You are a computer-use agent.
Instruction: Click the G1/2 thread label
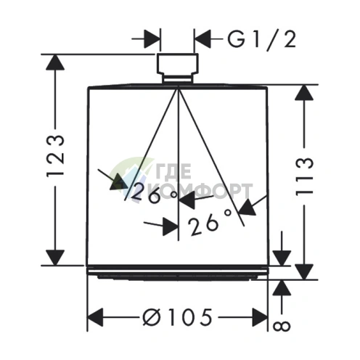(262, 40)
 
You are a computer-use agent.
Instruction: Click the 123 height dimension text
(56, 156)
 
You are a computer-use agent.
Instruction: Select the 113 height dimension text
(304, 176)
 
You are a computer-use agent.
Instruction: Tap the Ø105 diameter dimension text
(177, 317)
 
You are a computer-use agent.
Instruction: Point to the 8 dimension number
(282, 326)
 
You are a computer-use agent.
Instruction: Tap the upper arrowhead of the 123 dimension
(55, 62)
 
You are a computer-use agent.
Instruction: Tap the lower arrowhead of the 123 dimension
(55, 258)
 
